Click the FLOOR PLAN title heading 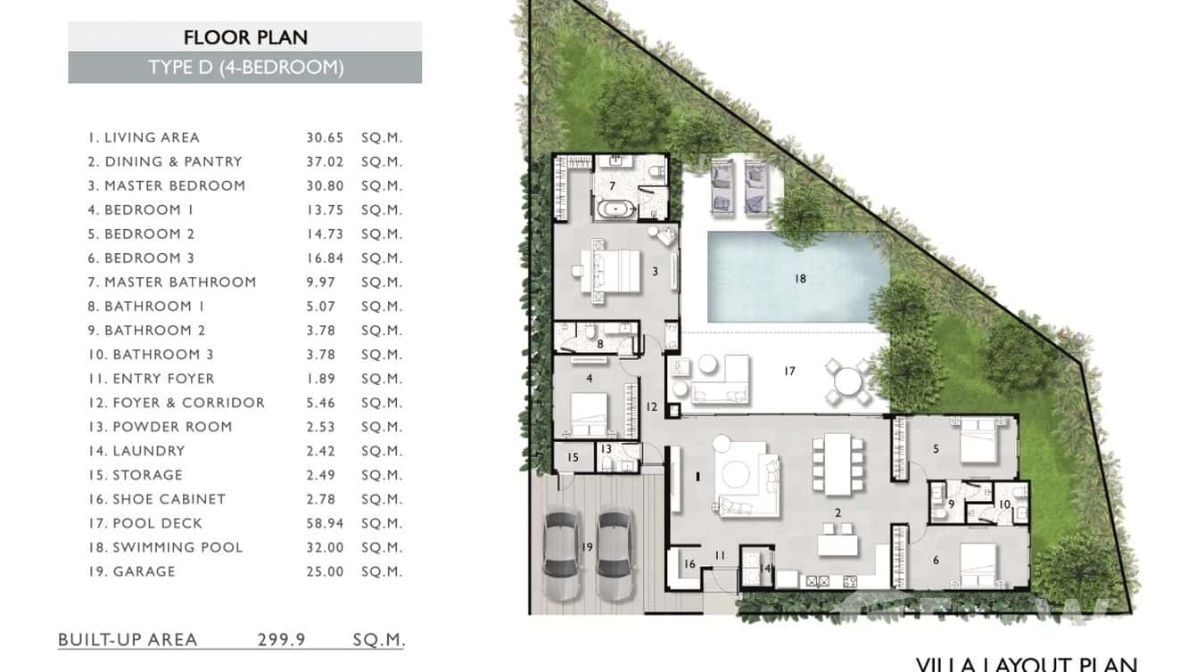pos(245,37)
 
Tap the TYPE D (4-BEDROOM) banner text pos(245,68)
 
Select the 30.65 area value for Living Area pos(325,137)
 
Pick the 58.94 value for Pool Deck pos(325,523)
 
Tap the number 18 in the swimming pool pos(800,278)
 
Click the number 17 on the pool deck pos(789,371)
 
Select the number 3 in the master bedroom pos(655,271)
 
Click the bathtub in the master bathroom pos(615,211)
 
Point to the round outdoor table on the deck pos(848,381)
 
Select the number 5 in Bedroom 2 pos(936,449)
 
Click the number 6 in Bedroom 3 pos(936,560)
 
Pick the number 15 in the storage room pos(573,457)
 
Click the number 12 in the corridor pos(652,407)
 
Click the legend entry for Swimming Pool pos(177,547)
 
